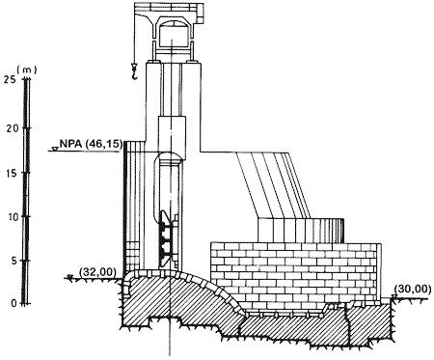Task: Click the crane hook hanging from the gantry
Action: click(134, 71)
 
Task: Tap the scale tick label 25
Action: click(10, 79)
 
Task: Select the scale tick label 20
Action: click(13, 128)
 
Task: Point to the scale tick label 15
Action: click(13, 173)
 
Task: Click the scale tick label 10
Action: click(14, 217)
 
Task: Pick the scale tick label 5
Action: click(14, 261)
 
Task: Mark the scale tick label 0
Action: click(14, 303)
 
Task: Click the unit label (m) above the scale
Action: click(27, 69)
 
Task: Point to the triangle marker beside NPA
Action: click(55, 149)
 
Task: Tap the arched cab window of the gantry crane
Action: click(173, 25)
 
